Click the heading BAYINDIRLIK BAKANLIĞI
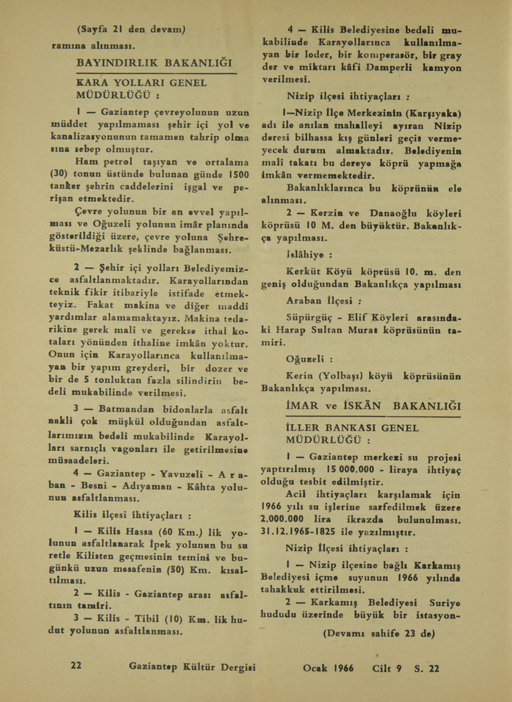(154, 62)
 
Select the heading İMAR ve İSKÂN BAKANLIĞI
(373, 406)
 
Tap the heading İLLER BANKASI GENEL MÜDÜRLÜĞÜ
(353, 433)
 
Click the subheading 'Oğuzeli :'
(310, 359)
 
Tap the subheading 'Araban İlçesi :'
(322, 302)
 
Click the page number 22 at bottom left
(76, 667)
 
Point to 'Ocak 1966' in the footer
(328, 668)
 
